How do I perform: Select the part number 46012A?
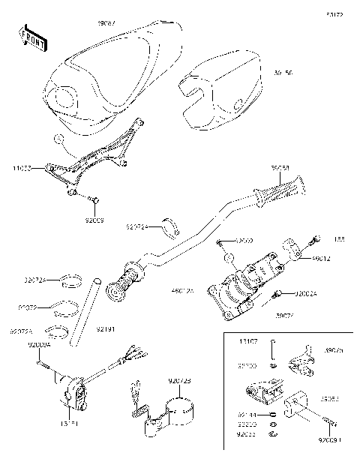tap(183, 289)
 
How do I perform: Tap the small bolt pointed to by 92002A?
tap(280, 292)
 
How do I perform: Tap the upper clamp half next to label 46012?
tap(295, 246)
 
